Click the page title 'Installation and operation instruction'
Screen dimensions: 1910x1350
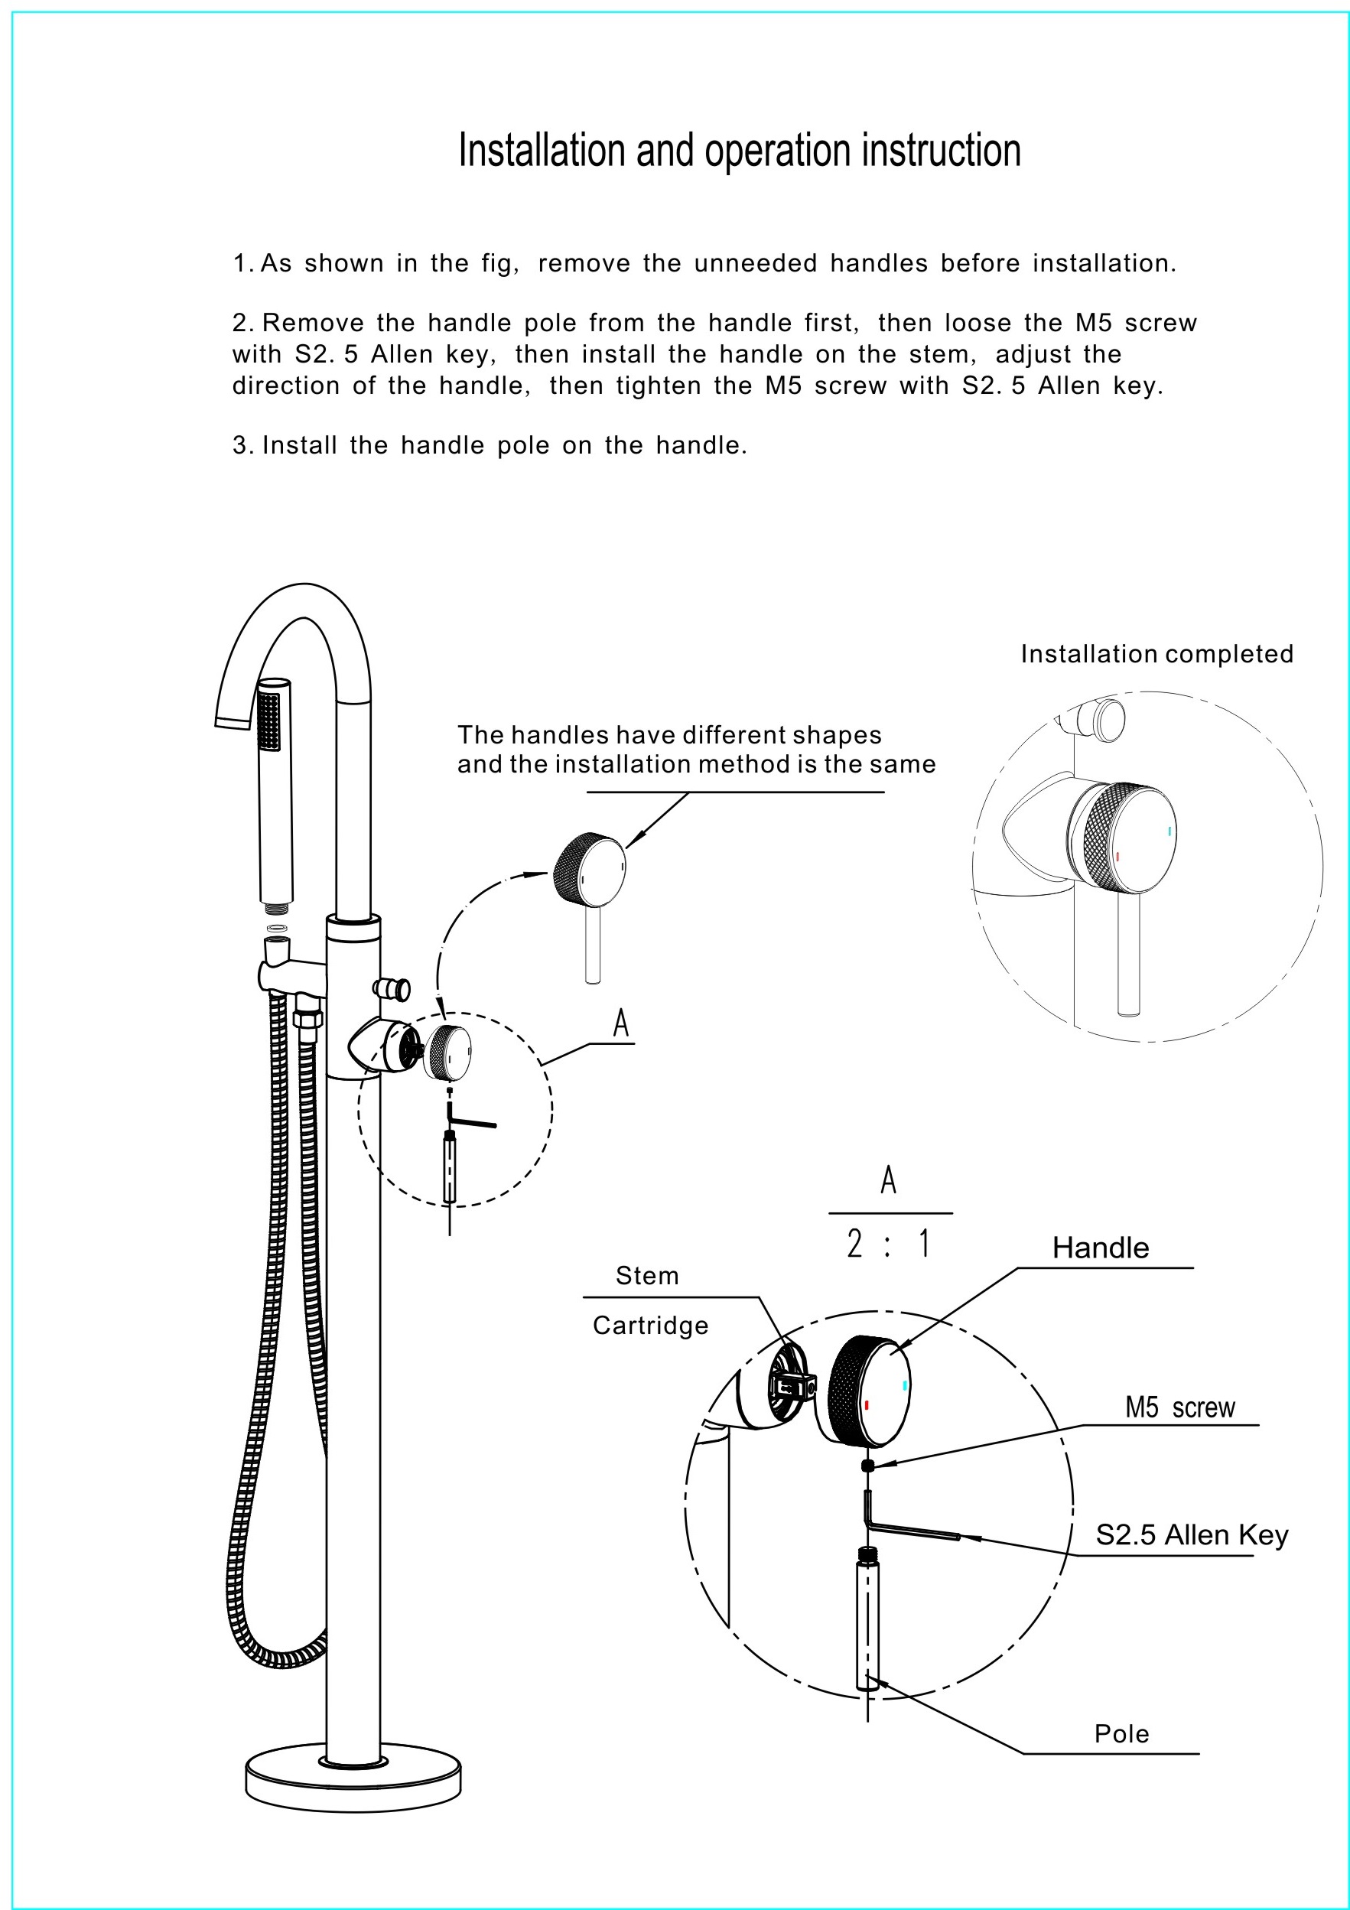[x=739, y=151]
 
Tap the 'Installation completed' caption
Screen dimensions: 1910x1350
[x=1156, y=655]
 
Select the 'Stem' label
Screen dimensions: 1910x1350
[x=646, y=1276]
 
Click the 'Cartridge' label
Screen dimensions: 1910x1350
[x=649, y=1326]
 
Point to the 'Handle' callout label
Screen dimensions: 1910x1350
[x=1100, y=1248]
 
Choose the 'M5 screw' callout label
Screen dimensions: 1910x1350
[x=1179, y=1407]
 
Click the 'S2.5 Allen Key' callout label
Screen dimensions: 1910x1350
[x=1191, y=1535]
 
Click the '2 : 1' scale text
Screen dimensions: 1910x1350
[x=888, y=1245]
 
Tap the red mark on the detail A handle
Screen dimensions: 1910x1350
[x=867, y=1405]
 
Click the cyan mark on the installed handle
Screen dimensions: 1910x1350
[x=1169, y=830]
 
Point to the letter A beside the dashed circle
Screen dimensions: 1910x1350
[x=620, y=1024]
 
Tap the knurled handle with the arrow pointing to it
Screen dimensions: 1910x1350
[x=589, y=869]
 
